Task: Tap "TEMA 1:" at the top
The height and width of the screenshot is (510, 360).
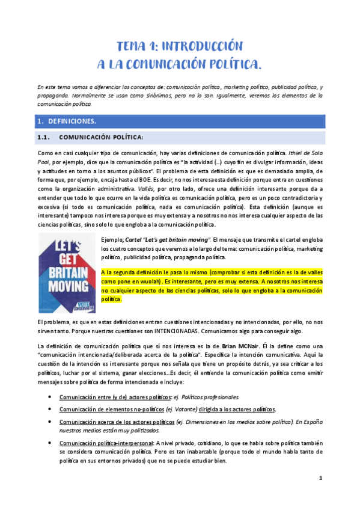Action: coord(138,46)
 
